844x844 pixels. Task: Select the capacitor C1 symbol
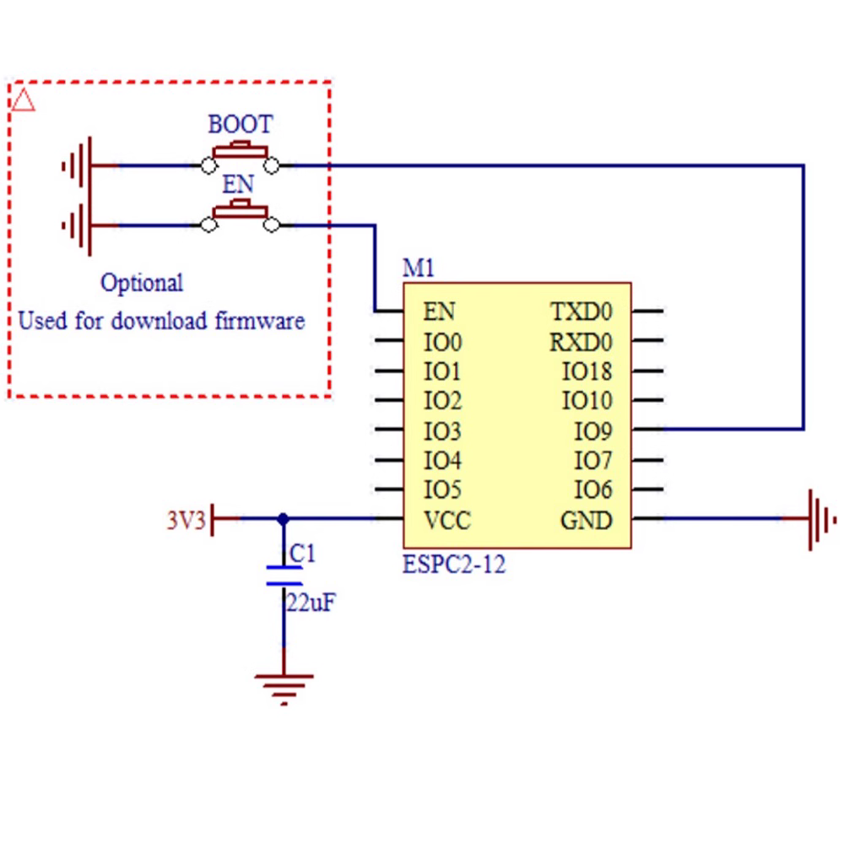tap(284, 576)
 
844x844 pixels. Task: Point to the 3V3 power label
tap(186, 520)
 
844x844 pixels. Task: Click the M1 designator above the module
tap(419, 269)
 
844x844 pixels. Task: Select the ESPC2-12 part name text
tap(454, 565)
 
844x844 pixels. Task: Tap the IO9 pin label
tap(593, 432)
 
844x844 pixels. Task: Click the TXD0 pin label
tap(582, 312)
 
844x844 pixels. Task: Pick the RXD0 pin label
tap(582, 343)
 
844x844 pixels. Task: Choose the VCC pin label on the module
tap(446, 521)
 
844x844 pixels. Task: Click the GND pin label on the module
tap(587, 521)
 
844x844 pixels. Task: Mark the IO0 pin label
tap(442, 343)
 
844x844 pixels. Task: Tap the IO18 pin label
tap(587, 372)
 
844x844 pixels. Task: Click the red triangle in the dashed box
tap(24, 100)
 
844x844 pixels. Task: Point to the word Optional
tap(142, 283)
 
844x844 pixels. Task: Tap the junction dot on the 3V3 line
tap(284, 519)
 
